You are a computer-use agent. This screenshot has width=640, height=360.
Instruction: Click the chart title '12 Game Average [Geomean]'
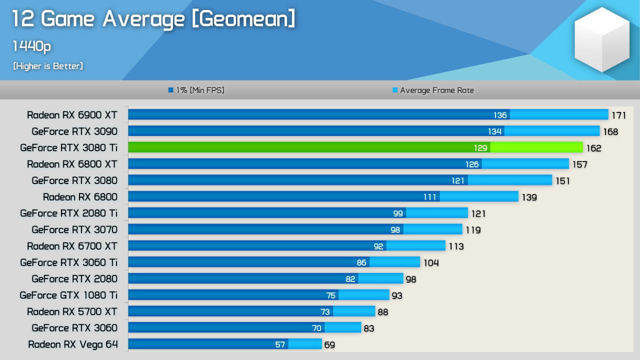tap(153, 19)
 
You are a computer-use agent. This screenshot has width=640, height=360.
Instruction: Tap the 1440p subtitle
tap(31, 46)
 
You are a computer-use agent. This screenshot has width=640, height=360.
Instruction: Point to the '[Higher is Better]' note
tap(48, 66)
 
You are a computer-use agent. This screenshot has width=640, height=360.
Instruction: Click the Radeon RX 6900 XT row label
tap(72, 115)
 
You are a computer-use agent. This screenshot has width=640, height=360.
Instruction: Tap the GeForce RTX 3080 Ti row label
tap(68, 148)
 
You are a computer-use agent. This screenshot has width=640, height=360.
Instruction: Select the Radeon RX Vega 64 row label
tap(72, 344)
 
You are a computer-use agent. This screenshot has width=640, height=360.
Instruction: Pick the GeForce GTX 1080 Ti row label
tap(68, 295)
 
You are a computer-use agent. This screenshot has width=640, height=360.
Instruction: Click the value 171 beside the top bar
tap(618, 115)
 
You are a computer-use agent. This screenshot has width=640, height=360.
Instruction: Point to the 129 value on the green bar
tap(480, 148)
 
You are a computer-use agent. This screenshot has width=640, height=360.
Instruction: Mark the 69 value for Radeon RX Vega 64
tap(329, 345)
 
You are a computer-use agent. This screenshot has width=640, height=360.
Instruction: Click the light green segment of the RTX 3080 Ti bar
tap(536, 147)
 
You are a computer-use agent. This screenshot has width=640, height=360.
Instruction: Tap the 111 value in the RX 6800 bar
tap(429, 197)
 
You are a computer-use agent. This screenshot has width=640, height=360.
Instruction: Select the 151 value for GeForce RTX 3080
tap(562, 181)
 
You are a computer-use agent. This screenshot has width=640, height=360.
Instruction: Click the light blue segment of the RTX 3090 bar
tap(551, 131)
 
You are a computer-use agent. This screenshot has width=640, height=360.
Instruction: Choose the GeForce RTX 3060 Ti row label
tap(68, 262)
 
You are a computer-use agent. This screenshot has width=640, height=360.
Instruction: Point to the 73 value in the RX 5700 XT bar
tap(325, 312)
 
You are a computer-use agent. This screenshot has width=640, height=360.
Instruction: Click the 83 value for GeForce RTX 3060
tap(368, 328)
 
